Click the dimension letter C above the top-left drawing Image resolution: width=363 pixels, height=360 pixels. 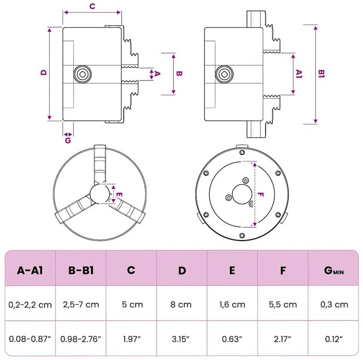coord(92,6)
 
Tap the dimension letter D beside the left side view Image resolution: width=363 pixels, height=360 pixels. coord(44,72)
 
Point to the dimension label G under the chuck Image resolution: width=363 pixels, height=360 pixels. coord(68,140)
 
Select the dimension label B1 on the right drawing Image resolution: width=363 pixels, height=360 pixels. coord(322,73)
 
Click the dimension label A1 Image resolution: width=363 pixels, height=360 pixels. coord(299,74)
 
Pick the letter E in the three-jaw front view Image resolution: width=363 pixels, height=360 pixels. coord(119,195)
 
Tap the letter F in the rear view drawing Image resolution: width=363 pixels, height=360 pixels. coord(261,195)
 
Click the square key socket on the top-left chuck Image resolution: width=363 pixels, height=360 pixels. coord(83,74)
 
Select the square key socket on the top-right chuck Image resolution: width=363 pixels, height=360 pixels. coord(224,74)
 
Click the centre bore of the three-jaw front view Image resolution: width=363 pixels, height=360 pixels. coord(100,194)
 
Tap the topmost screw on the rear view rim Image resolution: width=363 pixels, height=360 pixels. coord(242,152)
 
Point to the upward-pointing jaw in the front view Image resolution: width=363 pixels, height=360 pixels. coord(100,165)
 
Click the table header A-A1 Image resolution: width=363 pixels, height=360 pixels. coord(30,270)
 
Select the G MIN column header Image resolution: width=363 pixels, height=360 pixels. coord(334,271)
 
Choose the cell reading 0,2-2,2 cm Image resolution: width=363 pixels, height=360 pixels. coord(30,304)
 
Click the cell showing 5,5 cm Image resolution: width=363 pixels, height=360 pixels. coord(283,304)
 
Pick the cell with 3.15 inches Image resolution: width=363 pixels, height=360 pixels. coord(181,339)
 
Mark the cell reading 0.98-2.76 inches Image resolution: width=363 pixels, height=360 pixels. coord(81,339)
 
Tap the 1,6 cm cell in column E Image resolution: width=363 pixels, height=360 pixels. coord(232,304)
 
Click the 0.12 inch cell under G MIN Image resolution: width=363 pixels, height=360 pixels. coord(334,339)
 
